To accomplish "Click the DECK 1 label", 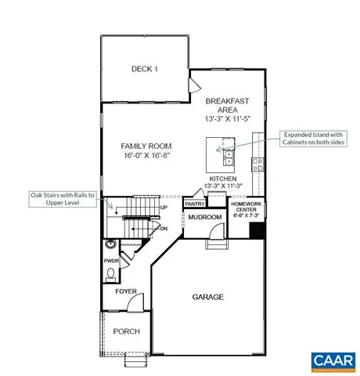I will (x=144, y=70).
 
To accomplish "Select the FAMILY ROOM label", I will (x=146, y=146).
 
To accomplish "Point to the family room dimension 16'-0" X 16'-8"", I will (x=146, y=156).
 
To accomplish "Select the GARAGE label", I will (x=208, y=297).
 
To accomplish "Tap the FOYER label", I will (x=126, y=292).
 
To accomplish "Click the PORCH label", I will (x=126, y=331).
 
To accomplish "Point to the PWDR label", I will (x=110, y=261).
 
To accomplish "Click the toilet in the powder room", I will (x=111, y=275).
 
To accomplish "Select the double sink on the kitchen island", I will (x=229, y=159).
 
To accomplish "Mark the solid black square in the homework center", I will (x=254, y=232).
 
